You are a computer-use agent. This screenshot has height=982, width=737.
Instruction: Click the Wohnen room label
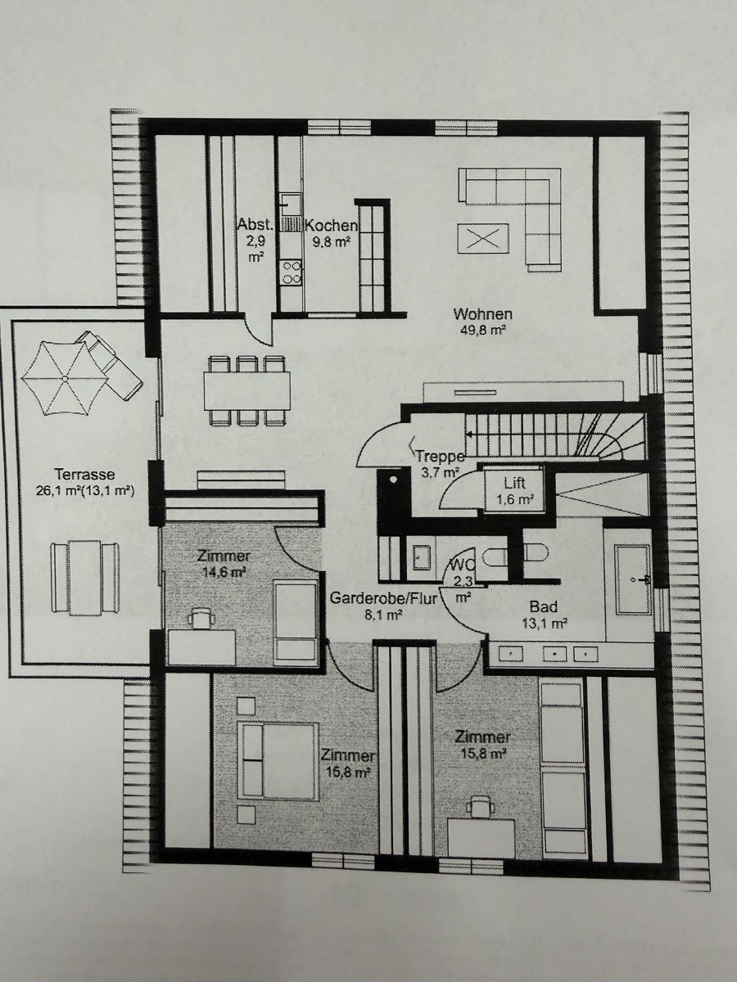[x=482, y=322]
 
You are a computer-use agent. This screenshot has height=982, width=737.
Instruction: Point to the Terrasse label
[x=85, y=481]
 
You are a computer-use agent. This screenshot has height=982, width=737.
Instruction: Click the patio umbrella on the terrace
[x=65, y=379]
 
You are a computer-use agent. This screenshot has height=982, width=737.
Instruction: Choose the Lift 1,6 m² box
[x=514, y=490]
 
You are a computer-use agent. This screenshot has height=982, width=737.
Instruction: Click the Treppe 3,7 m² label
[x=440, y=464]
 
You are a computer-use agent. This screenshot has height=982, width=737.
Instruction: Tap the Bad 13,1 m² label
[x=544, y=615]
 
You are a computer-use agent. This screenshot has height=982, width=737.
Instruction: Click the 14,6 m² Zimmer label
[x=223, y=564]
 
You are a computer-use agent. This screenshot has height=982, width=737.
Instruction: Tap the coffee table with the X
[x=483, y=236]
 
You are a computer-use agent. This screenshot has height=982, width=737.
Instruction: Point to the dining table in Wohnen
[x=246, y=390]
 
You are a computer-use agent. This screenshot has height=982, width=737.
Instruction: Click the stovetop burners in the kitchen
[x=291, y=273]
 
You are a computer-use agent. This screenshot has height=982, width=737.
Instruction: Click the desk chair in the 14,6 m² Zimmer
[x=201, y=619]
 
